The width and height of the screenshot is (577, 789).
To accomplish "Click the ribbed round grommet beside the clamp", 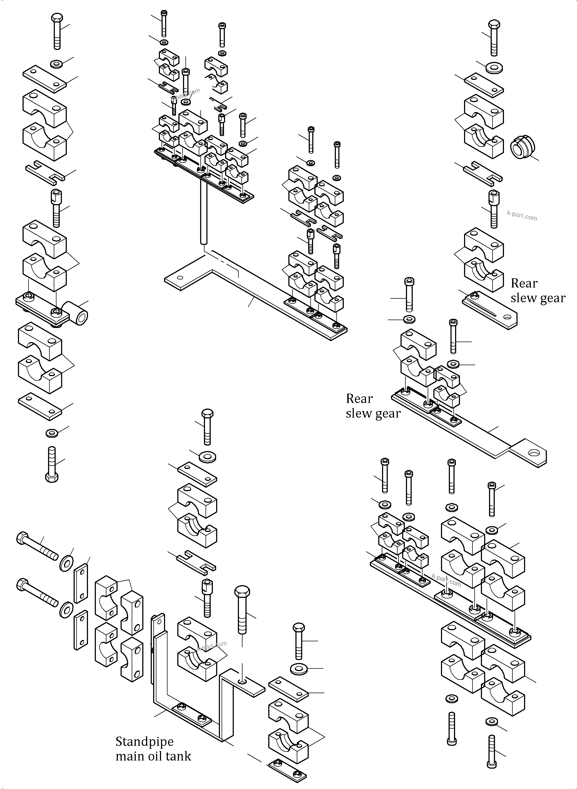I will click(x=522, y=148).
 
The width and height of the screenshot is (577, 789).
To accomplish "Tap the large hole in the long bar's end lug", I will click(x=534, y=453).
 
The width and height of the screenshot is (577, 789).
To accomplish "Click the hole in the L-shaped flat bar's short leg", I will click(x=180, y=278).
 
